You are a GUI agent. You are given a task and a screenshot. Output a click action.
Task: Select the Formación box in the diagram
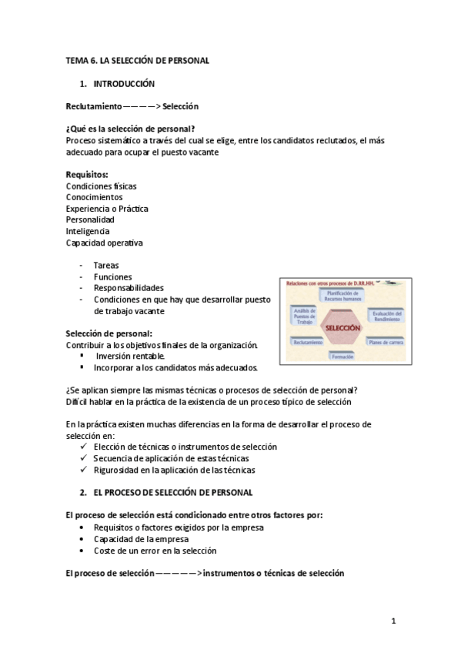click(x=339, y=357)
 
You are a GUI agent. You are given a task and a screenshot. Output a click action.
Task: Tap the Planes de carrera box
click(x=385, y=341)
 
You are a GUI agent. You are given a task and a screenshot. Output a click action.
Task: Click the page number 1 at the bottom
click(x=393, y=620)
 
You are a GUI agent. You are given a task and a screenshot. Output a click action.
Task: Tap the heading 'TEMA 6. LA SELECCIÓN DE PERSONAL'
click(x=137, y=60)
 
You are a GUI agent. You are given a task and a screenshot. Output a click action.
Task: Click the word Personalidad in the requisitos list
click(x=90, y=219)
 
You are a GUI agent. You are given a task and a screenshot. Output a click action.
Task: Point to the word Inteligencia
click(x=88, y=231)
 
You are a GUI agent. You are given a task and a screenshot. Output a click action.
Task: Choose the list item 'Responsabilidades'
click(x=129, y=288)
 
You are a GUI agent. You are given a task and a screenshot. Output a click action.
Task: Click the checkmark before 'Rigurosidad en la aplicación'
click(x=84, y=470)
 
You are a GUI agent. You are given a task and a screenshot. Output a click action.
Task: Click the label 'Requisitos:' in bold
click(x=87, y=175)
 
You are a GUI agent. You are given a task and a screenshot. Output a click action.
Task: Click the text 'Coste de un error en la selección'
click(x=155, y=551)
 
